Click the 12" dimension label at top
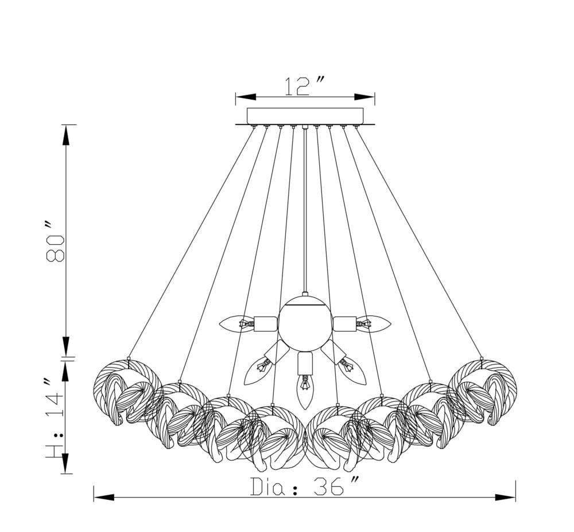[x=304, y=86]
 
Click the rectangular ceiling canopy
[x=305, y=116]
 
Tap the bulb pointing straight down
[x=305, y=391]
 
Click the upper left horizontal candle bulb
[x=236, y=324]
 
